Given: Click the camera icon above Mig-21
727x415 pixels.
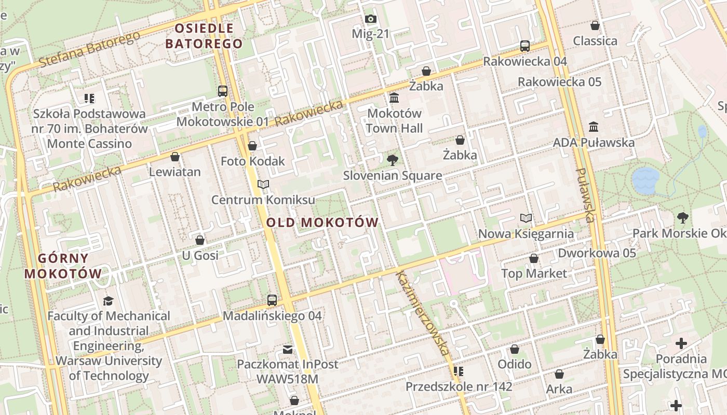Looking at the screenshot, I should (370, 19).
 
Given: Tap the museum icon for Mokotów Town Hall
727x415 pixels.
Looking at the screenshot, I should (394, 98).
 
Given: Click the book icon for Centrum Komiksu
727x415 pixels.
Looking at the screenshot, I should (263, 184).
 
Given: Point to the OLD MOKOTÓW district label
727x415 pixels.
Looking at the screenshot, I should (322, 223).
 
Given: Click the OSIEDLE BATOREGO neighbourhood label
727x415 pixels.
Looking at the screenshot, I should (204, 36).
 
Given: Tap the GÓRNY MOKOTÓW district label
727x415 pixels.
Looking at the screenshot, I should (63, 266).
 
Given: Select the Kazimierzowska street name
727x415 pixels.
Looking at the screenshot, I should (423, 313).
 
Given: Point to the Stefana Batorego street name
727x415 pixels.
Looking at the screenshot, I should (89, 49).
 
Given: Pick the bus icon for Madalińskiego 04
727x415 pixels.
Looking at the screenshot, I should (272, 300).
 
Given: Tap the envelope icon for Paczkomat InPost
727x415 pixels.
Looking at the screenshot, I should (287, 349).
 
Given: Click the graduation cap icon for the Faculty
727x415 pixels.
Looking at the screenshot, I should (108, 301).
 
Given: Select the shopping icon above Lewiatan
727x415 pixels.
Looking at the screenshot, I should (175, 157).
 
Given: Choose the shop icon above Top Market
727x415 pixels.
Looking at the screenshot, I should (533, 258).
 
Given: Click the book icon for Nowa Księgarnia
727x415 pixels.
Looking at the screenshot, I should (526, 218).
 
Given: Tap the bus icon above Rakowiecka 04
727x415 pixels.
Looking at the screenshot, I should (525, 46).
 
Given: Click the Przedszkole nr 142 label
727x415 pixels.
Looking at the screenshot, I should (459, 386).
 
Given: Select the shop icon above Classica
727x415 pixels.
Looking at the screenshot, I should (595, 25).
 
